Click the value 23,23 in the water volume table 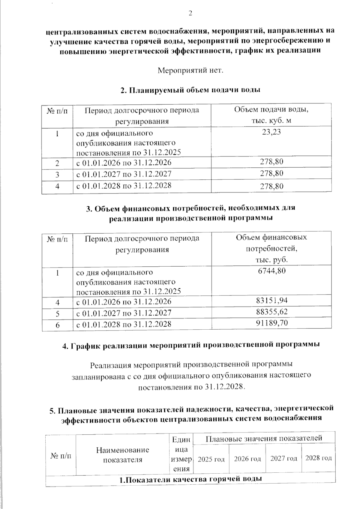(271, 132)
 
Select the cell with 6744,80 (271, 271)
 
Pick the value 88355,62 (272, 312)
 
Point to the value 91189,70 (272, 323)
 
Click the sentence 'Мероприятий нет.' (191, 71)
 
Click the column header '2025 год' (211, 459)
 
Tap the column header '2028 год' (318, 458)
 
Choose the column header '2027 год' (283, 458)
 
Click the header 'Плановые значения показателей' (264, 438)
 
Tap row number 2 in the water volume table (57, 163)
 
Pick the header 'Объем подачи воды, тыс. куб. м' (271, 115)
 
